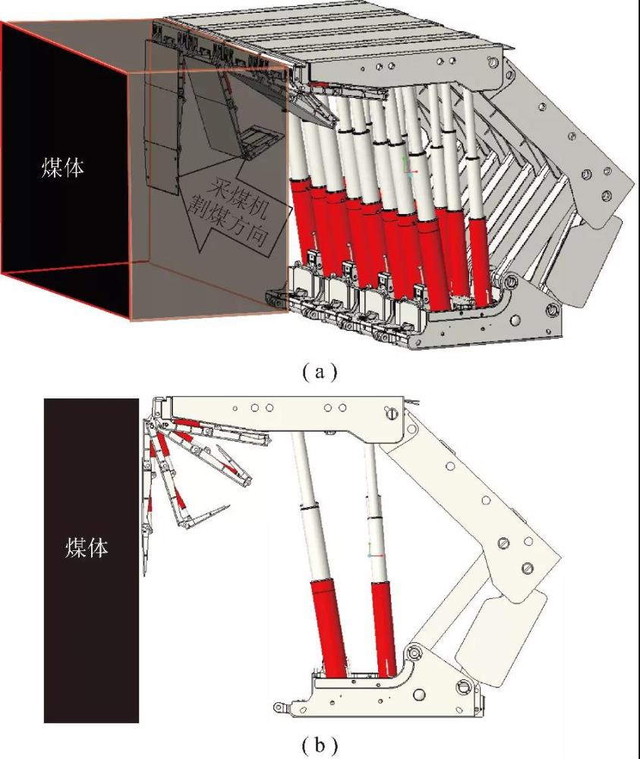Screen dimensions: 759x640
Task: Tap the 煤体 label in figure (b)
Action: click(87, 547)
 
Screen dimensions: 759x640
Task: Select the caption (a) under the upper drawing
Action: click(318, 372)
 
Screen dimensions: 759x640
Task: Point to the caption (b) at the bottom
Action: click(318, 745)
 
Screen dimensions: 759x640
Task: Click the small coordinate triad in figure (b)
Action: click(371, 554)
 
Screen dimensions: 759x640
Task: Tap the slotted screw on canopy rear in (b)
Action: click(392, 414)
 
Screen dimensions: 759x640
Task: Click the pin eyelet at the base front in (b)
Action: click(281, 707)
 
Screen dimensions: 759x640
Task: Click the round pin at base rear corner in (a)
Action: click(550, 311)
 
